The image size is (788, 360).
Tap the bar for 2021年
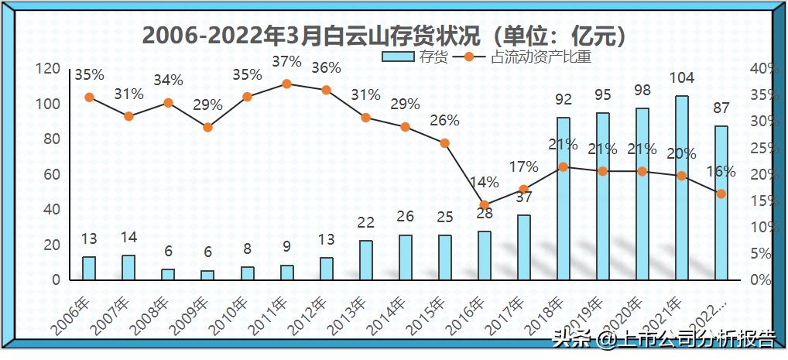(x=681, y=187)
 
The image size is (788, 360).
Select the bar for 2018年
(x=563, y=198)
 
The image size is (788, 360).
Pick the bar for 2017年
(x=524, y=247)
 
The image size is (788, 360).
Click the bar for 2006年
(x=89, y=268)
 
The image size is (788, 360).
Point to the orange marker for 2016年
(x=485, y=205)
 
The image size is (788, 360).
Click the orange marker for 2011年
(x=287, y=84)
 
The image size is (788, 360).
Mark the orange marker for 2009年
(x=207, y=127)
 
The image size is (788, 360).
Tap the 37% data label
(x=287, y=61)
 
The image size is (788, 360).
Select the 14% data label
(x=485, y=183)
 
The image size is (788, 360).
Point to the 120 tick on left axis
(x=50, y=69)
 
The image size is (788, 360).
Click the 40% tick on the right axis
(x=762, y=69)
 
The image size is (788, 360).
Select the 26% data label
(x=445, y=121)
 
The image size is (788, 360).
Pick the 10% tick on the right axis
(x=762, y=227)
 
